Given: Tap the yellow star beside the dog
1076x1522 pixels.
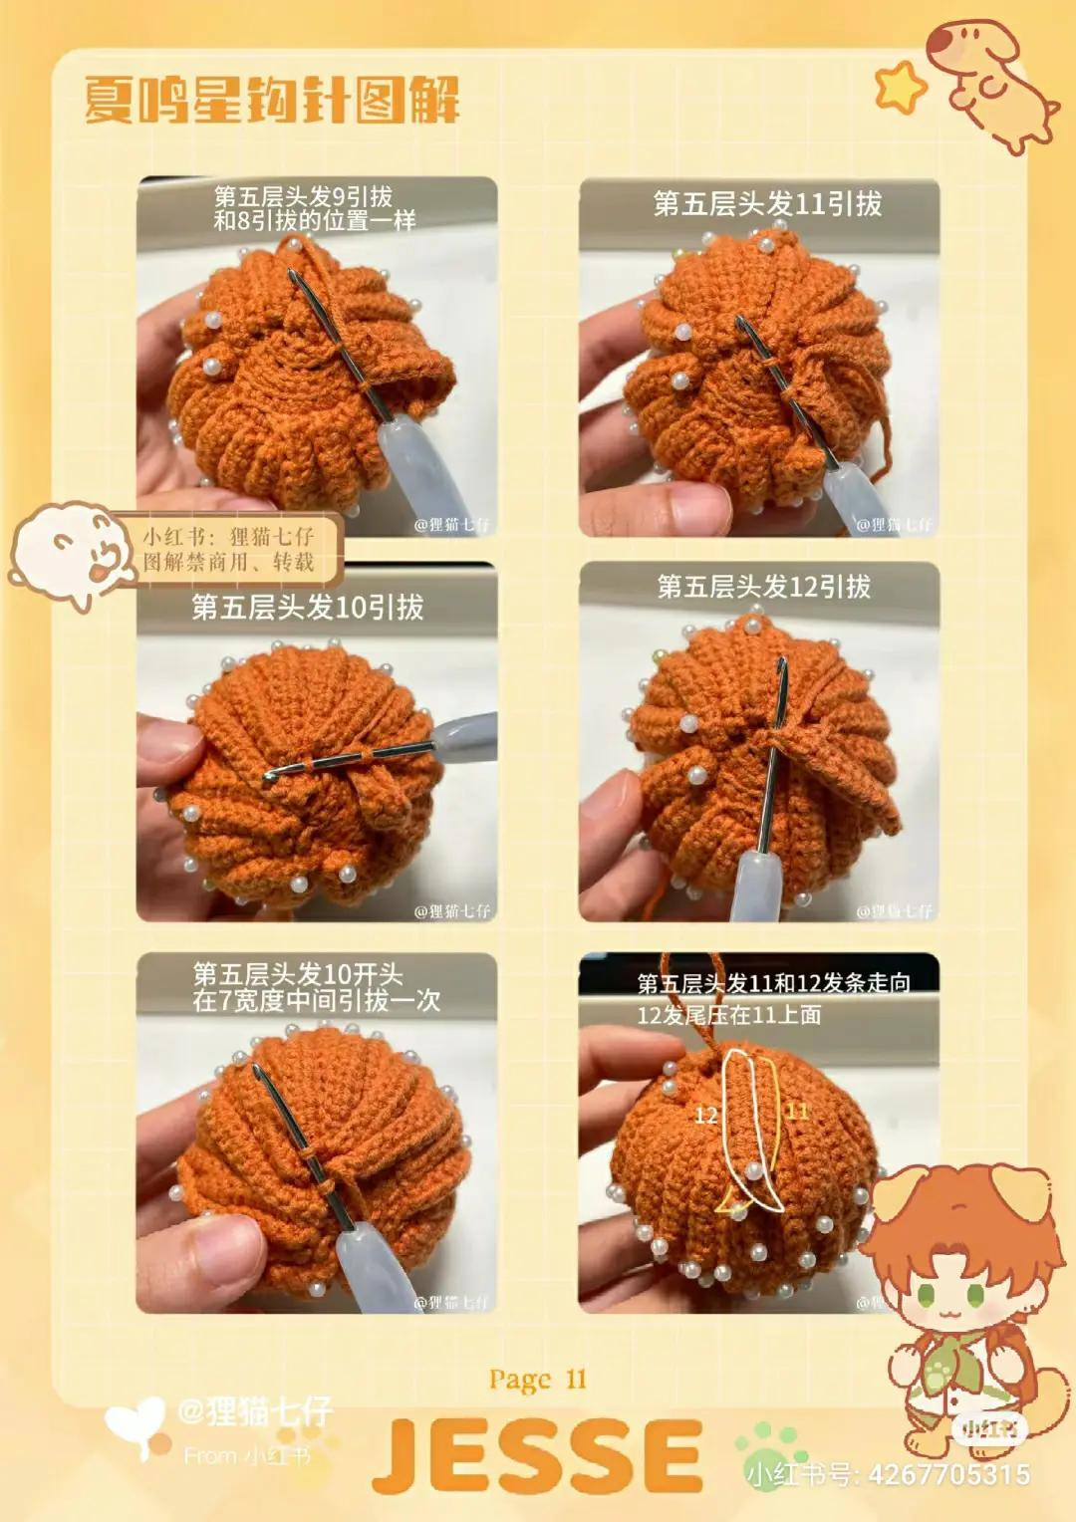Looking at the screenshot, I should point(900,87).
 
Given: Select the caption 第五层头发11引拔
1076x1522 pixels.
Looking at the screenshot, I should point(767,204).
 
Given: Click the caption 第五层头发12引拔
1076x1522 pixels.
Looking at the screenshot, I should point(763,587).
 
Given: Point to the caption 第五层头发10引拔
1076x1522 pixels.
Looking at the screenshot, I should point(307,607).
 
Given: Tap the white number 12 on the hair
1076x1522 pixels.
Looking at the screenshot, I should point(706,1115).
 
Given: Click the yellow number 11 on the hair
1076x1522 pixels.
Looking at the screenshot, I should point(797,1111).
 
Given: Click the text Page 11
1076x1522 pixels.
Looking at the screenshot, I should point(537,1380).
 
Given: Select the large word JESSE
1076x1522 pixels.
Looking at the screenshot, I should point(538,1456).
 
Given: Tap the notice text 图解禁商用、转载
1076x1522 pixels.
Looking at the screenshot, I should point(228,562).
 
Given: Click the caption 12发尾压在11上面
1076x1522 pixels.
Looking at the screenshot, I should point(729,1015).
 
